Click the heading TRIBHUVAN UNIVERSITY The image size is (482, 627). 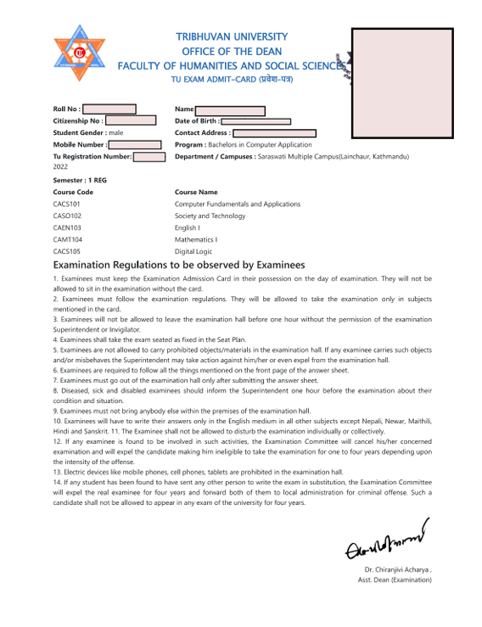pyautogui.click(x=232, y=37)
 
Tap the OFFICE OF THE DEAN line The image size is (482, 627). pyautogui.click(x=232, y=51)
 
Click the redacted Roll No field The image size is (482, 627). pyautogui.click(x=109, y=109)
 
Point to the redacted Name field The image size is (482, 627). pyautogui.click(x=230, y=110)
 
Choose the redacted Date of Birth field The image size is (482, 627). pyautogui.click(x=256, y=121)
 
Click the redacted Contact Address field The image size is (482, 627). pyautogui.click(x=274, y=133)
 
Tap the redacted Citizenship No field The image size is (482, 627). pyautogui.click(x=130, y=121)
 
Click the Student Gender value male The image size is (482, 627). pyautogui.click(x=116, y=133)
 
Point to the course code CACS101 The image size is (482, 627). pyautogui.click(x=67, y=204)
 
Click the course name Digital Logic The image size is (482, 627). pyautogui.click(x=194, y=251)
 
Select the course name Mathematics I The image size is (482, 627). pyautogui.click(x=196, y=239)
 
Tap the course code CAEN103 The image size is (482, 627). pyautogui.click(x=67, y=228)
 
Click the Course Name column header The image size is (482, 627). pyautogui.click(x=196, y=193)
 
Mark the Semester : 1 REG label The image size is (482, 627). pyautogui.click(x=80, y=181)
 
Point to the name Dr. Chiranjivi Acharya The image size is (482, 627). pyautogui.click(x=396, y=569)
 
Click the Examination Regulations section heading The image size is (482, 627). pyautogui.click(x=178, y=266)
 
